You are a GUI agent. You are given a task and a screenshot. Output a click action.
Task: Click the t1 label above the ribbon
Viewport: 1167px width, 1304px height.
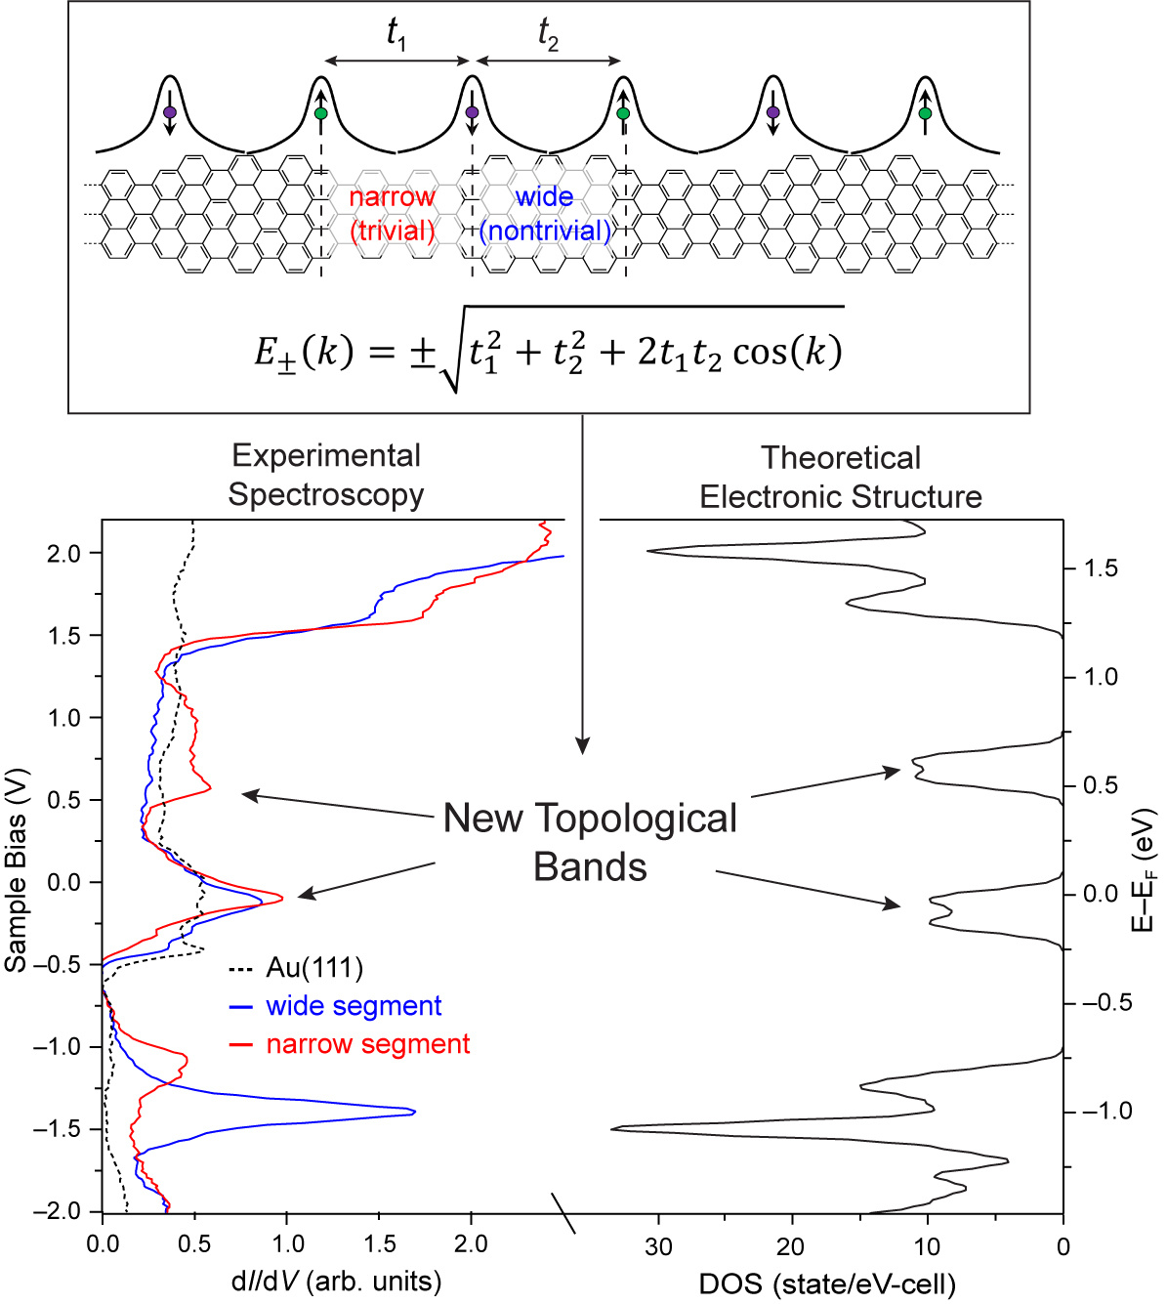click(396, 34)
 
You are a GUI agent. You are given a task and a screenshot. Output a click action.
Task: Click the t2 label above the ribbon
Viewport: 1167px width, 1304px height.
click(548, 34)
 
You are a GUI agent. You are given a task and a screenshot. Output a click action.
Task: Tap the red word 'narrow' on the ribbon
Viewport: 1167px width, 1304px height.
click(392, 196)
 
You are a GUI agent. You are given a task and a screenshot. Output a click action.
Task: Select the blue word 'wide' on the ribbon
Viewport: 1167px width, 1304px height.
click(544, 196)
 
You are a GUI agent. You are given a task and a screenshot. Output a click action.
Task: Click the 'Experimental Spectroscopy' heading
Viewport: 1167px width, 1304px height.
click(326, 475)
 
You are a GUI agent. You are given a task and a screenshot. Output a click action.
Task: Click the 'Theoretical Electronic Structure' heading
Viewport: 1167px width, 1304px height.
click(841, 477)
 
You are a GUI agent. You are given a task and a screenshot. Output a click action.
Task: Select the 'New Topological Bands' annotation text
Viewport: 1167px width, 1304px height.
click(590, 841)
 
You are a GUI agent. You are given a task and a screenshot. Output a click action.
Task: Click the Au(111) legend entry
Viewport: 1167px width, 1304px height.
click(313, 968)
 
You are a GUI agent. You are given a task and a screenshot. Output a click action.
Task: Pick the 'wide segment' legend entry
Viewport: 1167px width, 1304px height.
click(354, 1006)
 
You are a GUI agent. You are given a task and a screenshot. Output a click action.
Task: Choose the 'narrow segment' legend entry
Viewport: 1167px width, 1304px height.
click(368, 1044)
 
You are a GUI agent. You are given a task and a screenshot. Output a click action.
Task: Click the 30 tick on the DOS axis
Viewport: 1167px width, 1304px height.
click(659, 1246)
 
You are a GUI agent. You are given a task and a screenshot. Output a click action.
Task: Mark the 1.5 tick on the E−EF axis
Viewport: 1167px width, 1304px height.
click(1101, 568)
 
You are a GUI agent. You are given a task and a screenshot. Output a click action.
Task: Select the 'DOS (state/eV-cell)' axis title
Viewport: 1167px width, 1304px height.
click(827, 1283)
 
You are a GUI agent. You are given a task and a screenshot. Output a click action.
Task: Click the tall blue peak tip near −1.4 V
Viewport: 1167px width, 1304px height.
click(414, 1112)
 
